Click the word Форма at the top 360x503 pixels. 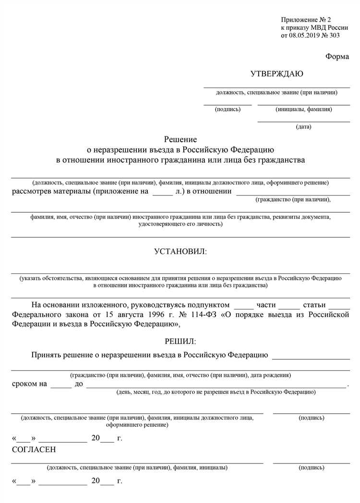337,56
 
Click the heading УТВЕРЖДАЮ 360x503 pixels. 276,74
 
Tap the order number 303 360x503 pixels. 342,36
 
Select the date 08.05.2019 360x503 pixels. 306,36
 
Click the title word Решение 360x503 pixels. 180,139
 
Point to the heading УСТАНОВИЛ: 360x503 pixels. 180,251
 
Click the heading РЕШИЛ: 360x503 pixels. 180,341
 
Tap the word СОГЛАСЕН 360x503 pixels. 34,450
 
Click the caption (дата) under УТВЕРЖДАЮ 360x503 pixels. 304,127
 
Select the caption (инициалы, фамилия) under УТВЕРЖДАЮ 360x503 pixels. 304,110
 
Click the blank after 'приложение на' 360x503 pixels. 162,193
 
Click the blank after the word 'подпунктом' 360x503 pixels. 243,306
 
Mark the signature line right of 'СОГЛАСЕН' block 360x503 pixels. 311,463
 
